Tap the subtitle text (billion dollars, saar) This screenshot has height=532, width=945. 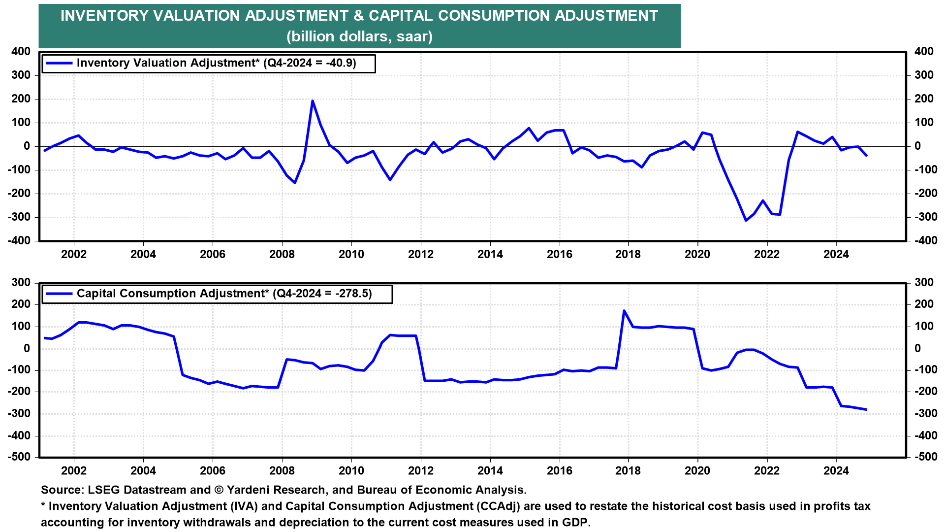pos(359,36)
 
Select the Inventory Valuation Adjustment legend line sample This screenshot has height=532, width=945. pos(59,63)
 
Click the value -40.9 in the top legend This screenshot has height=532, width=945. pos(339,63)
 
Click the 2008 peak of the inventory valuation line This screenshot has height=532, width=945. pos(313,101)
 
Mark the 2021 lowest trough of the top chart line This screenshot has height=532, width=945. pos(746,220)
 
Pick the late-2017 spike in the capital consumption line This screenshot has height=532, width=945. pos(624,311)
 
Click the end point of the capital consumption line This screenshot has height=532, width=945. pos(866,409)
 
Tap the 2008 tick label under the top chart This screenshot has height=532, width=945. pos(282,254)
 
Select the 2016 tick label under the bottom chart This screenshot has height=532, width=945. pos(560,470)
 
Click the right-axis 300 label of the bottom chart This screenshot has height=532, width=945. pos(924,282)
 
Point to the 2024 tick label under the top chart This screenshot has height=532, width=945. pos(836,254)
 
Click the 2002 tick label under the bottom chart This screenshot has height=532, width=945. pos(74,470)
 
